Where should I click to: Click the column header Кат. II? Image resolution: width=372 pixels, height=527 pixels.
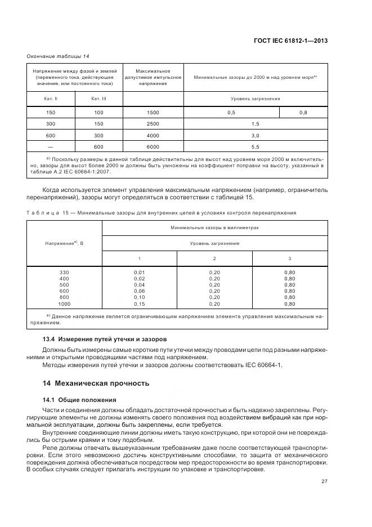[x=51, y=99]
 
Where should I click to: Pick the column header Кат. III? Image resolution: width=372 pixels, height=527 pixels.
[x=98, y=99]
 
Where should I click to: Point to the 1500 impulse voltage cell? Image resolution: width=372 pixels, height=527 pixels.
[x=153, y=113]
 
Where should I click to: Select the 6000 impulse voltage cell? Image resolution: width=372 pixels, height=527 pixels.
[x=153, y=147]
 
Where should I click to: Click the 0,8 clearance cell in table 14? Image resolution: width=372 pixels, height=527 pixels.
[x=303, y=113]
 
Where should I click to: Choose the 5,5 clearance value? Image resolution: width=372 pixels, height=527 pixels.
[x=255, y=147]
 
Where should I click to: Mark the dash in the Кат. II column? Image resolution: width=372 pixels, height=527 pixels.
[x=51, y=147]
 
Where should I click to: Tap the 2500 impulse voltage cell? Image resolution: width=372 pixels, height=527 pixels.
[x=153, y=124]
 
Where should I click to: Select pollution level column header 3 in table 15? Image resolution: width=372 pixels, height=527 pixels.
[x=290, y=258]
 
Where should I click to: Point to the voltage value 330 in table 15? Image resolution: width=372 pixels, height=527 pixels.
[x=64, y=273]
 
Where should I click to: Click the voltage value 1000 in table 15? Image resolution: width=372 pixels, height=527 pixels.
[x=64, y=303]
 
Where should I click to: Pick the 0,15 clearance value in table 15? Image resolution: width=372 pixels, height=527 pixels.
[x=139, y=303]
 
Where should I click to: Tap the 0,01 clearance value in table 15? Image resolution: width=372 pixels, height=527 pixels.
[x=139, y=273]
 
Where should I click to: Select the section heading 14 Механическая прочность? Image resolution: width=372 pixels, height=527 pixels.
[x=96, y=383]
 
